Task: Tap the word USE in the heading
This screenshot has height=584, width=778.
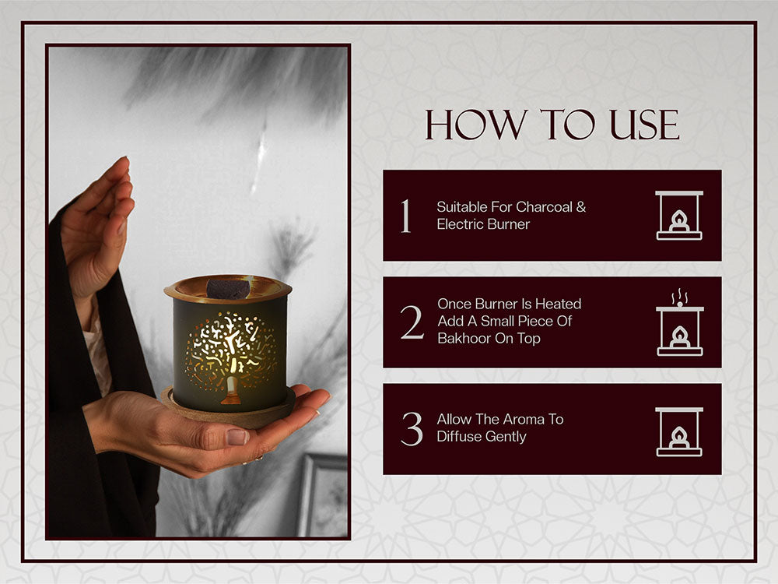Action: (x=644, y=125)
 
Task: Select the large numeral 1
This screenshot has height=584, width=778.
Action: (x=406, y=216)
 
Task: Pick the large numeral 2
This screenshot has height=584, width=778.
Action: (x=412, y=322)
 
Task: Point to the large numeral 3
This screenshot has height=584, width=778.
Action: (x=412, y=428)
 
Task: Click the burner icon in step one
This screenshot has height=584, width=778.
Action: (x=678, y=215)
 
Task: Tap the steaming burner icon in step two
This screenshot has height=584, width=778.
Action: (x=680, y=322)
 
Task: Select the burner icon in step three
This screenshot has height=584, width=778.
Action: (x=678, y=431)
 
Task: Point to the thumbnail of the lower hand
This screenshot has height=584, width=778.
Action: (x=237, y=437)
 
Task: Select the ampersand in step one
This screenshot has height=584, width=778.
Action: (x=581, y=206)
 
